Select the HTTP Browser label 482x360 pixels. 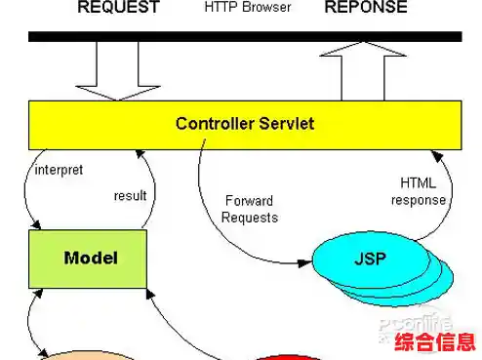tap(248, 8)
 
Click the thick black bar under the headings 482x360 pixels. tap(244, 36)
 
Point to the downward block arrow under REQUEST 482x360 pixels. tap(117, 70)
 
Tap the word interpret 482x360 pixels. tap(59, 170)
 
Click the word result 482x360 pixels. tap(130, 195)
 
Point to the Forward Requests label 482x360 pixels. tap(249, 209)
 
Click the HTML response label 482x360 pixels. tap(419, 191)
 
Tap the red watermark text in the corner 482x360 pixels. tap(434, 342)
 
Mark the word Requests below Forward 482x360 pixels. tap(249, 218)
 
